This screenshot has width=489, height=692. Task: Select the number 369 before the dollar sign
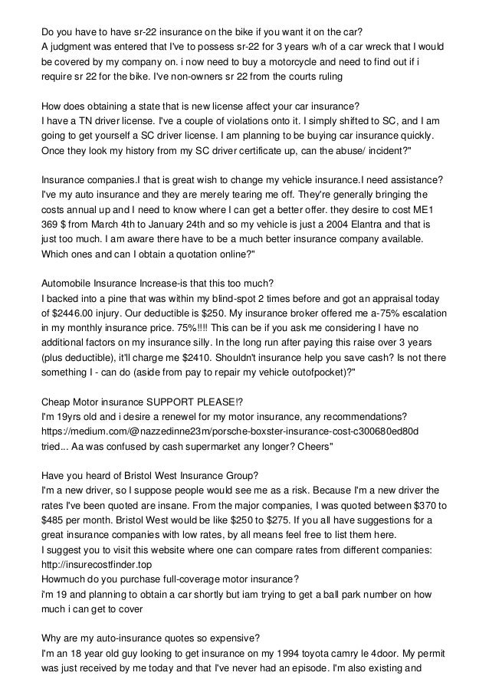52,225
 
